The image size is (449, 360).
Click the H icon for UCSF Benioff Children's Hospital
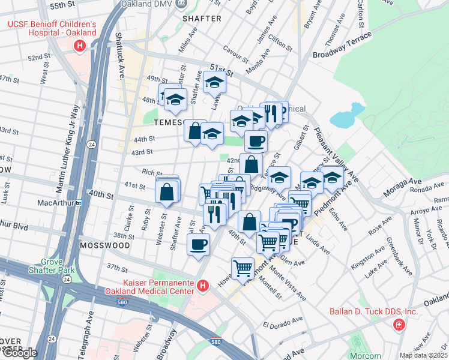pos(79,46)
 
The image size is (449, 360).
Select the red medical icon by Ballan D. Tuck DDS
pos(397,325)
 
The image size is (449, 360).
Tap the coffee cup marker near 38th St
pos(198,244)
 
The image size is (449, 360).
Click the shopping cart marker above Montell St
pos(243,268)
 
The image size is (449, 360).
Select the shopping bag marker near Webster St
pos(167,193)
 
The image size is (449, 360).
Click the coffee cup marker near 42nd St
pos(256,141)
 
